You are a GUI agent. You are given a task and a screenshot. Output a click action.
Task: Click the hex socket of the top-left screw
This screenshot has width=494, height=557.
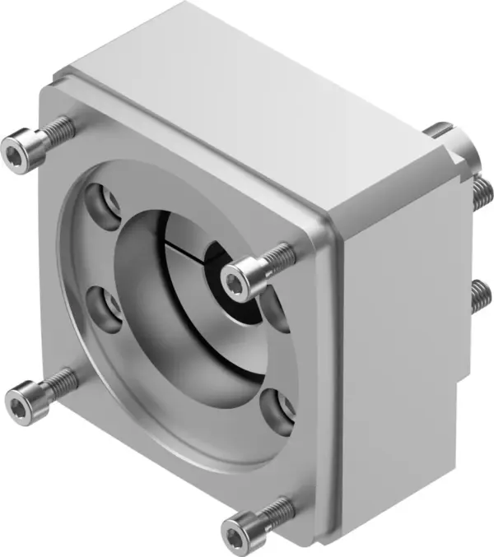[x=14, y=151]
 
